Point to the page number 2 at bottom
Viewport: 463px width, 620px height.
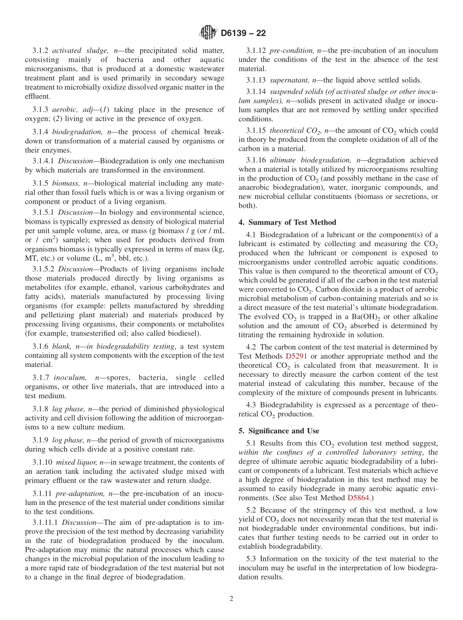click(x=231, y=599)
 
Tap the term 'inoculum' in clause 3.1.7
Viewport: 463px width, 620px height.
click(x=68, y=377)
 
